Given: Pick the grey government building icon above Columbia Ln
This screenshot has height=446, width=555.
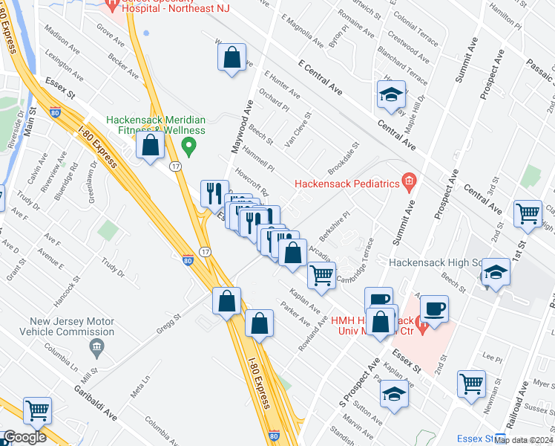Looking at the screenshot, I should (96, 346).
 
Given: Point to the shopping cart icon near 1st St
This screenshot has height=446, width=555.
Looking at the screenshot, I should (528, 213).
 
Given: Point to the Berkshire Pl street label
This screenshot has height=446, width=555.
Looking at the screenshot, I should (335, 223).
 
